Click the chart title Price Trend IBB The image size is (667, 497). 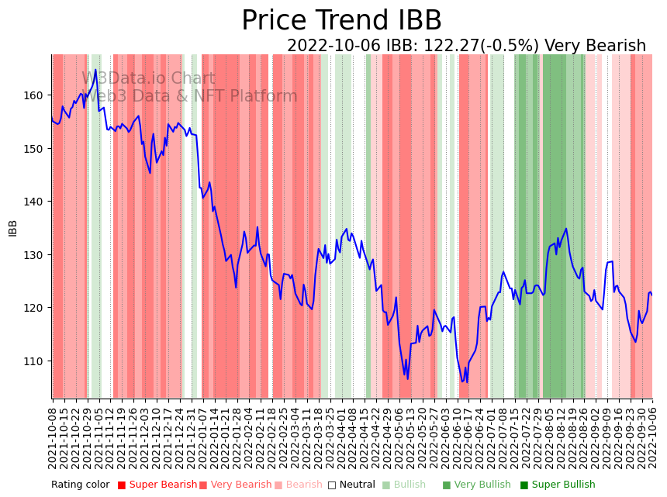[x=341, y=21]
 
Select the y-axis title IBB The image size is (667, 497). [x=13, y=227]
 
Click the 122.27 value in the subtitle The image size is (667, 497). [x=450, y=46]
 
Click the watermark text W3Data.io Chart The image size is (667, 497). [x=148, y=78]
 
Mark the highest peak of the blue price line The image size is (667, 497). [x=96, y=70]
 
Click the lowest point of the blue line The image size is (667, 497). [x=467, y=382]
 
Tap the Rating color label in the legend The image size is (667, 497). [x=80, y=485]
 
